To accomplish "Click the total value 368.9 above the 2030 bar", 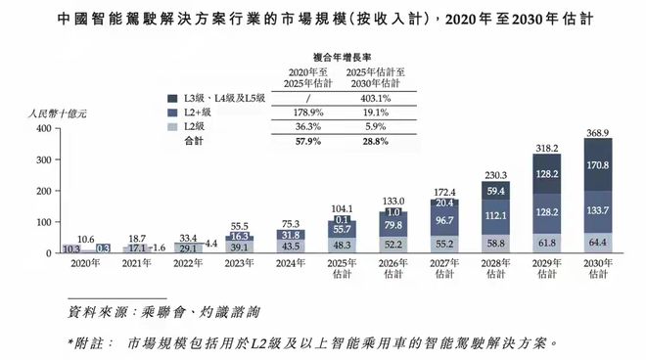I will point(600,131).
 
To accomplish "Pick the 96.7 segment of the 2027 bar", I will point(444,224).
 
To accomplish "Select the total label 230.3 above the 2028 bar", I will point(496,174).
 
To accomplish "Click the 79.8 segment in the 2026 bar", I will point(392,227).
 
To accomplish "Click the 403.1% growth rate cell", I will point(376,97).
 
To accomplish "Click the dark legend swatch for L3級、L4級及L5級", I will point(173,98).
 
